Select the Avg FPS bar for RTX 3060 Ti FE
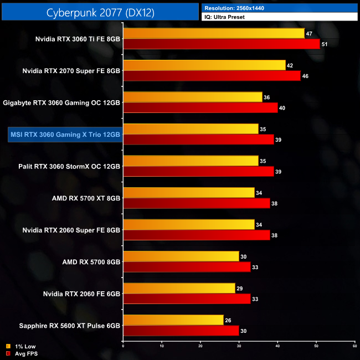(222, 44)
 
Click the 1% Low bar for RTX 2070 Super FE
(204, 65)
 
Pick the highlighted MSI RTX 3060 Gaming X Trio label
(65, 135)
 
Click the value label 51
(325, 44)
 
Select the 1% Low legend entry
(23, 346)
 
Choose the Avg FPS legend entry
(24, 353)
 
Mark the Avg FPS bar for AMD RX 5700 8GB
(187, 267)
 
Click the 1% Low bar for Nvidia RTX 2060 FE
(179, 288)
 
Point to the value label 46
(306, 76)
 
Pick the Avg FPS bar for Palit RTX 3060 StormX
(198, 172)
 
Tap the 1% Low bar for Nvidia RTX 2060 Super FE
(189, 224)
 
